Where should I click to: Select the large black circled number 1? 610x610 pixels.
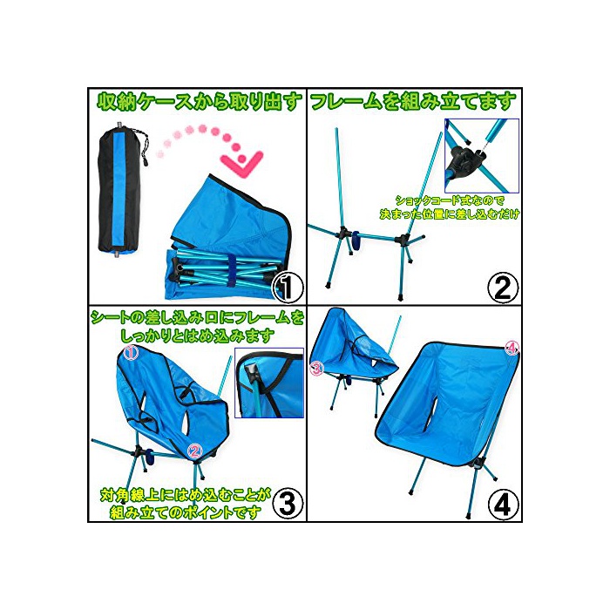288,288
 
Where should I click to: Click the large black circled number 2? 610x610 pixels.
503,288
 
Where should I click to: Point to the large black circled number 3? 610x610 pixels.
288,504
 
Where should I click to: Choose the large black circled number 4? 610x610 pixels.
503,504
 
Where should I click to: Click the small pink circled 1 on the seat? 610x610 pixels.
131,352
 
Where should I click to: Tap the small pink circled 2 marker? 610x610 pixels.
195,451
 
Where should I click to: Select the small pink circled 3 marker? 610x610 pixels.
317,368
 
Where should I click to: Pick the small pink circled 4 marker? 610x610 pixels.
512,349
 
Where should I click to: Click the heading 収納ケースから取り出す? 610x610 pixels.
199,103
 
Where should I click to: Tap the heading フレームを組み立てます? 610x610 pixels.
413,102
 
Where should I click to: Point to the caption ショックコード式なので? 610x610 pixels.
451,201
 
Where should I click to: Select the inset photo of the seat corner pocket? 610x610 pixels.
269,383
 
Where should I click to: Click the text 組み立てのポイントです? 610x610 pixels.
185,512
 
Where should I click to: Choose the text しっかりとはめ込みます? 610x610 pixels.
197,335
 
